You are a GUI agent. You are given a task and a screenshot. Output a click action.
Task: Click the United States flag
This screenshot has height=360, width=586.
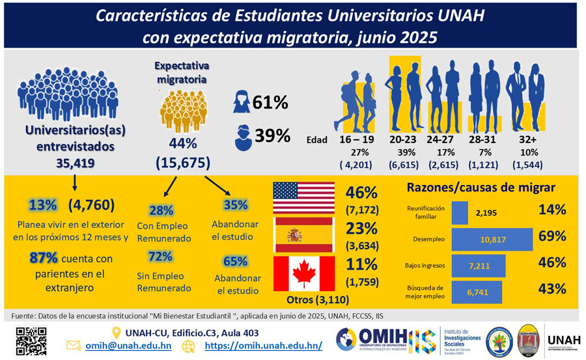click(x=303, y=197)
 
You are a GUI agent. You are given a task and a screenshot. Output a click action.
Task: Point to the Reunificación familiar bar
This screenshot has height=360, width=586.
click(x=460, y=212)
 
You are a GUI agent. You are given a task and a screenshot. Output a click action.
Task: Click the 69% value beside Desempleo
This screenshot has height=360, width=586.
click(x=552, y=237)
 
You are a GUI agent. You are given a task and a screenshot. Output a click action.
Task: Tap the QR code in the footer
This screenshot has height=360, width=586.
click(x=31, y=340)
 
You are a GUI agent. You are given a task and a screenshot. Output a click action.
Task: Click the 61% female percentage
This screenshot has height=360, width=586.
click(x=270, y=102)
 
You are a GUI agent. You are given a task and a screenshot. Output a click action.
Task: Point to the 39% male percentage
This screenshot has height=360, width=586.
click(x=271, y=135)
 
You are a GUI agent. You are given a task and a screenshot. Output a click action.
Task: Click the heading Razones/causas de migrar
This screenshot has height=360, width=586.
click(x=481, y=187)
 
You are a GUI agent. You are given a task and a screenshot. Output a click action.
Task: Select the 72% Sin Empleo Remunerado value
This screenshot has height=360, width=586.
click(x=160, y=256)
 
